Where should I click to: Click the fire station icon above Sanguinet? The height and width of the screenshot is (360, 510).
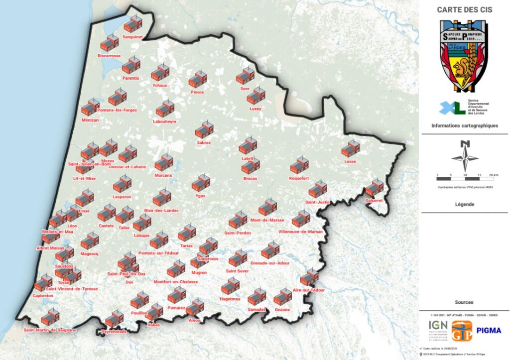(x=132, y=24)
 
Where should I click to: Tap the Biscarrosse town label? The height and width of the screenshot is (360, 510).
(x=109, y=56)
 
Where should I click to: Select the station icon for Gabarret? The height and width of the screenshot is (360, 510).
(x=374, y=188)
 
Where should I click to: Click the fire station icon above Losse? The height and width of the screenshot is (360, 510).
(x=351, y=149)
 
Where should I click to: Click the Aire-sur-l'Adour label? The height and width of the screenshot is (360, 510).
(x=309, y=290)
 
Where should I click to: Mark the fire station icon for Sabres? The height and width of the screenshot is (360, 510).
(x=204, y=130)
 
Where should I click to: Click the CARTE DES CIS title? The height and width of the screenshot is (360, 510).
(x=464, y=9)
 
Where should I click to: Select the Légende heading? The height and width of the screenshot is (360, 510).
(x=464, y=204)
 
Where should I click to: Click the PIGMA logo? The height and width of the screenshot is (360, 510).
(x=489, y=330)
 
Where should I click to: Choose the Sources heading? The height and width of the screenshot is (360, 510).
(x=464, y=302)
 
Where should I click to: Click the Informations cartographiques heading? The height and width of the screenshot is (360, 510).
(x=464, y=126)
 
